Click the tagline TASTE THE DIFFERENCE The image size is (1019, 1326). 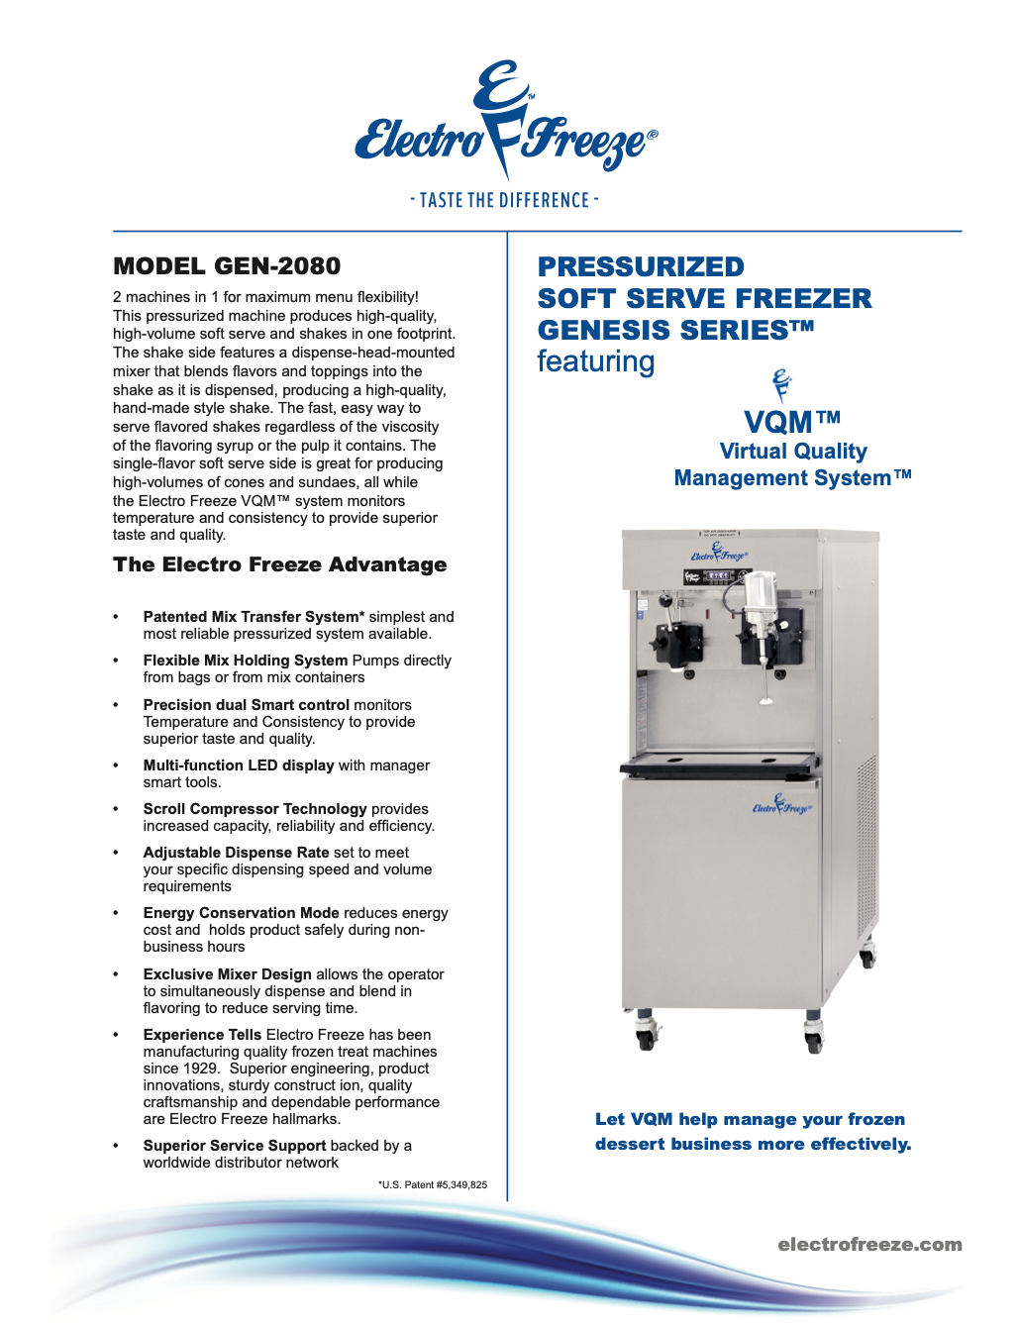coord(505,200)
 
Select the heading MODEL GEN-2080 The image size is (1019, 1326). coord(227,266)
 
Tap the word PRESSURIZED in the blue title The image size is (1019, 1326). coord(641,267)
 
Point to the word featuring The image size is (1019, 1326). coord(595,361)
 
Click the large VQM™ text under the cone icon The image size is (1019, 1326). coord(791,422)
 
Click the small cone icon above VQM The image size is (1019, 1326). coord(782,384)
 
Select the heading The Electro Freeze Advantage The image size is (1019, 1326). coord(280,564)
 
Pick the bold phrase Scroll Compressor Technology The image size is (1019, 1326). coord(255,809)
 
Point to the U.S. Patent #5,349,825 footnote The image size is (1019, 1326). coord(433,1184)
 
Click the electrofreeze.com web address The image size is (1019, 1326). coord(869,1245)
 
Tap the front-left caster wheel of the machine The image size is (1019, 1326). coord(646,1036)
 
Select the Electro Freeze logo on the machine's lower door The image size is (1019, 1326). coord(782,805)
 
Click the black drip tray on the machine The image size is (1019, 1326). coord(720,765)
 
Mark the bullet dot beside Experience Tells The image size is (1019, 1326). coord(116,1035)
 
